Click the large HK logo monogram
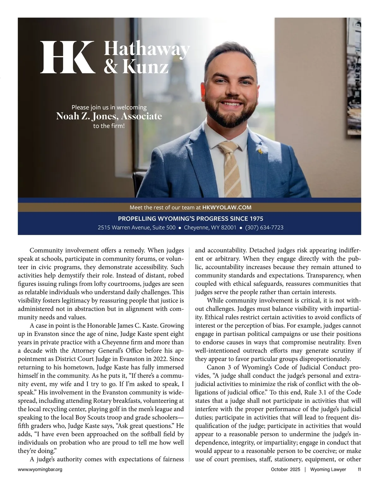68,57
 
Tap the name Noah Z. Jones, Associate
109,116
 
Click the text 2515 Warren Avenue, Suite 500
136,227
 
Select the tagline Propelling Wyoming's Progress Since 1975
190,219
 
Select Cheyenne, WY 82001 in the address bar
210,227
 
